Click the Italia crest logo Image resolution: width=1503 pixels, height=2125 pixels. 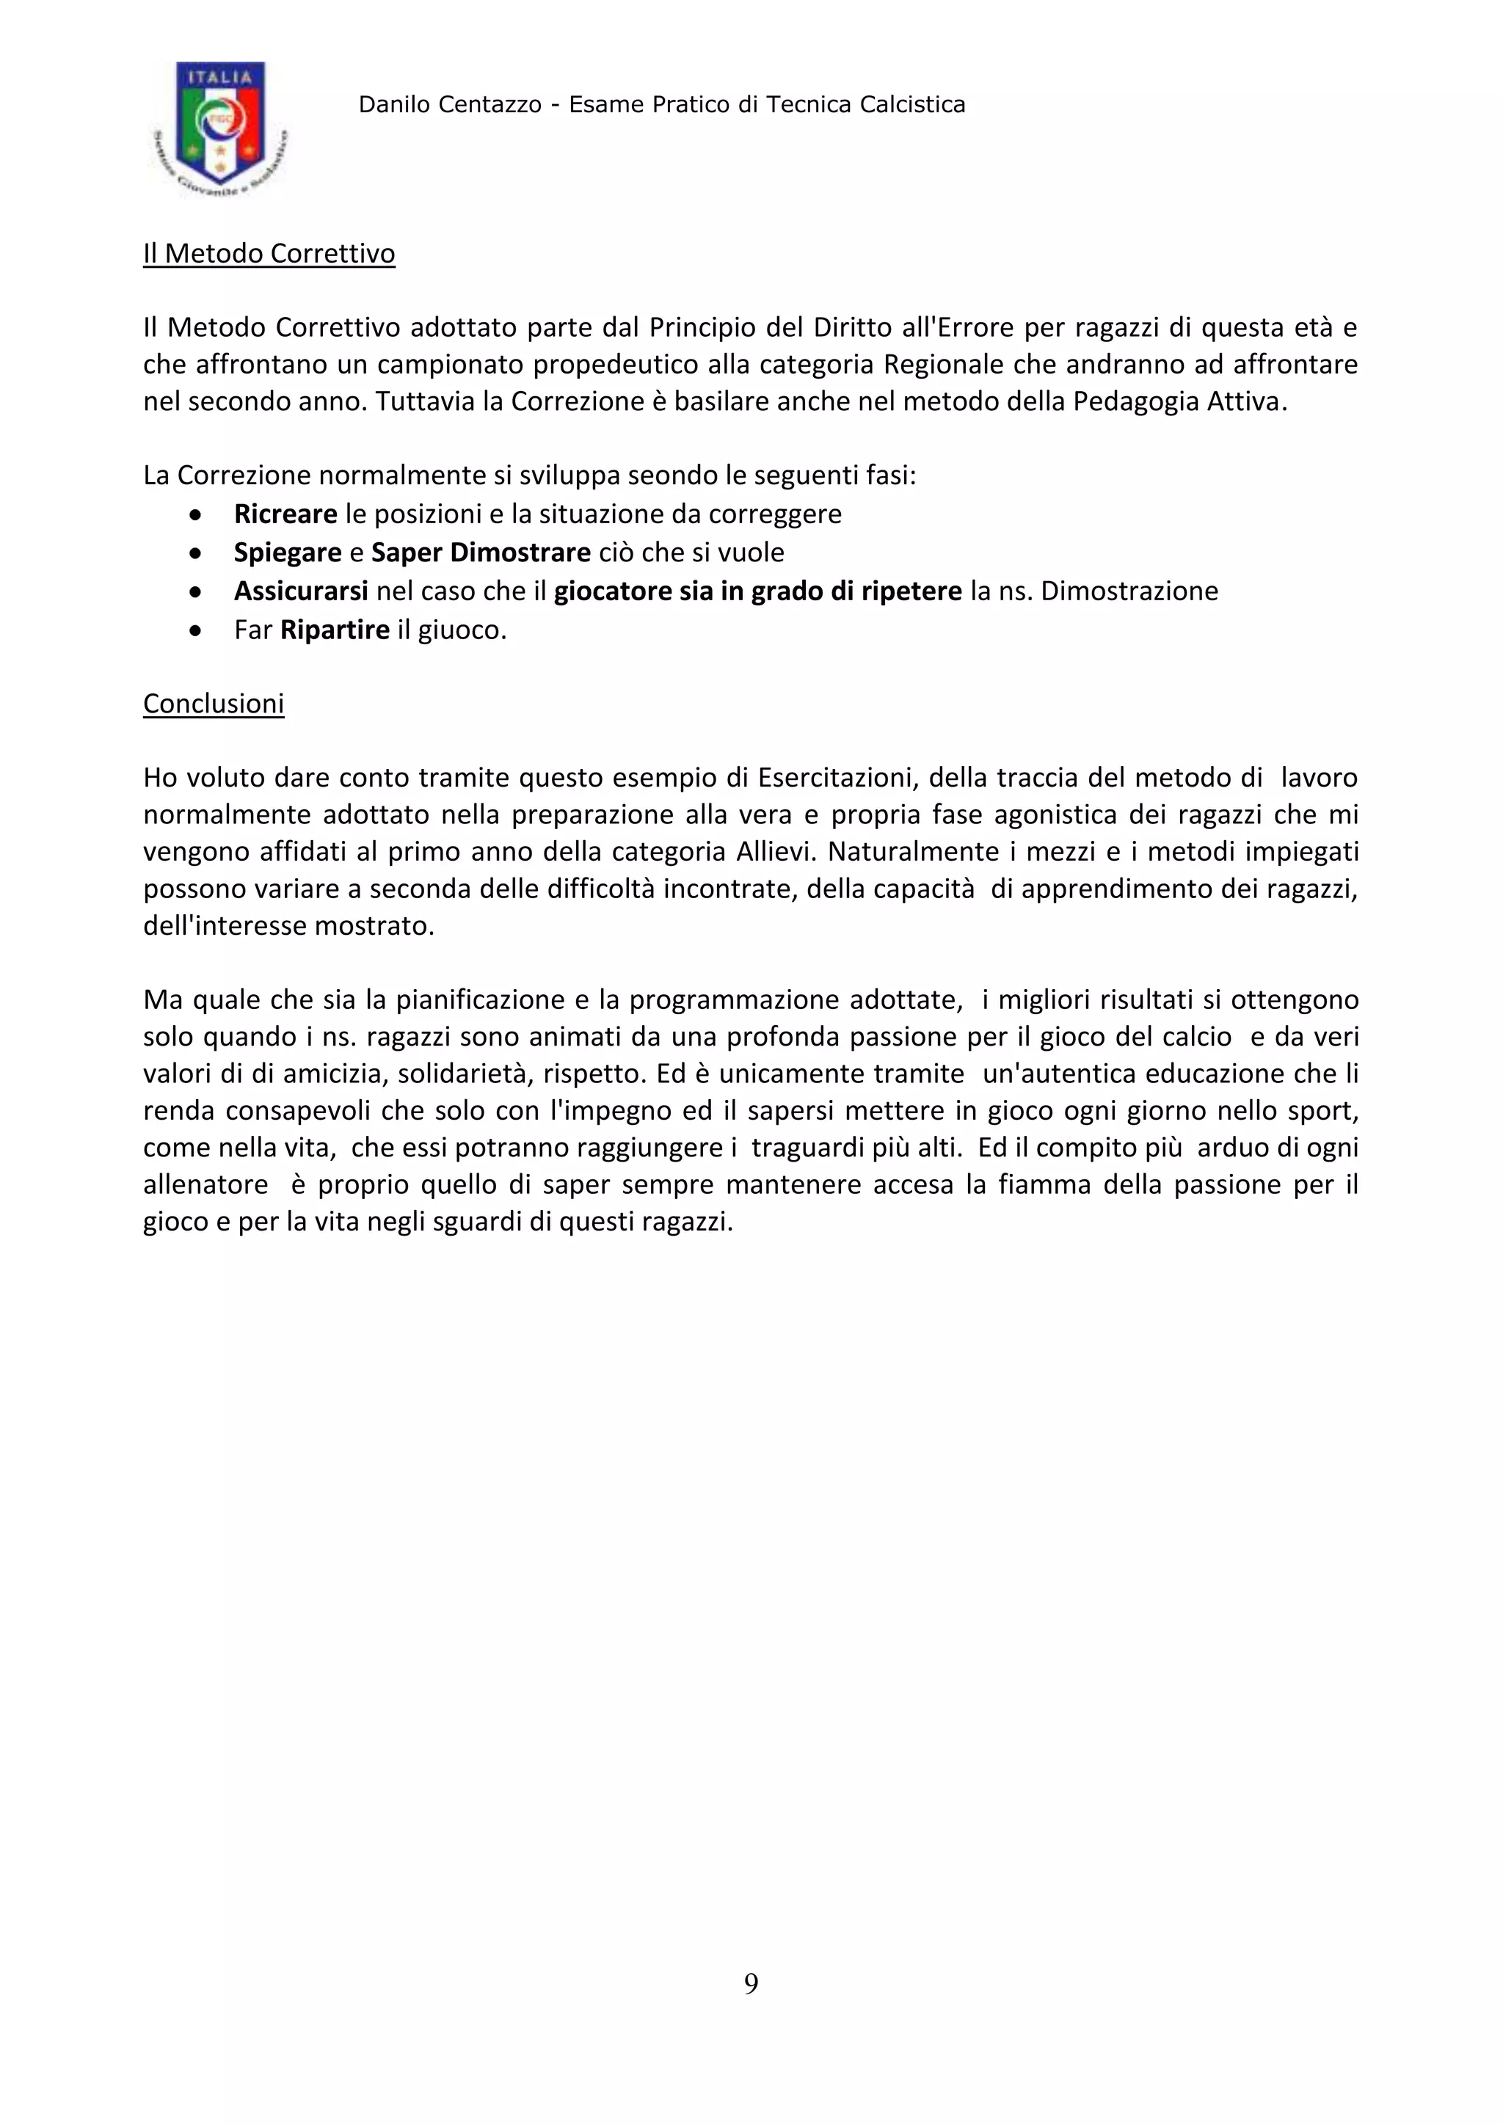pyautogui.click(x=220, y=127)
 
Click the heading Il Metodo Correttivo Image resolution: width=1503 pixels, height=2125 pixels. pyautogui.click(x=269, y=254)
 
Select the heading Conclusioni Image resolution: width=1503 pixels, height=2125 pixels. pyautogui.click(x=213, y=704)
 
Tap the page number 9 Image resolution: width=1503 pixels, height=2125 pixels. pyautogui.click(x=751, y=1983)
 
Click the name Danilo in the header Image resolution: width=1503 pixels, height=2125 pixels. pyautogui.click(x=390, y=105)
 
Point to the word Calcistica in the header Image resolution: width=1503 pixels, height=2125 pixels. pyautogui.click(x=912, y=105)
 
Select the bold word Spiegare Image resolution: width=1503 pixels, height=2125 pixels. pyautogui.click(x=288, y=553)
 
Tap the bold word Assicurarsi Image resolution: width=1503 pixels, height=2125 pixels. pyautogui.click(x=301, y=591)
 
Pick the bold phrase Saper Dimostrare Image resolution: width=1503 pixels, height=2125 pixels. pyautogui.click(x=481, y=553)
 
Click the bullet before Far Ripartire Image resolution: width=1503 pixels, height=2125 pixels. pyautogui.click(x=195, y=630)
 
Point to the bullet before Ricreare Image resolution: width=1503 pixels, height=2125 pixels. pyautogui.click(x=195, y=514)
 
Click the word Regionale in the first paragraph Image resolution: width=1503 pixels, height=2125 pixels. pyautogui.click(x=944, y=365)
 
